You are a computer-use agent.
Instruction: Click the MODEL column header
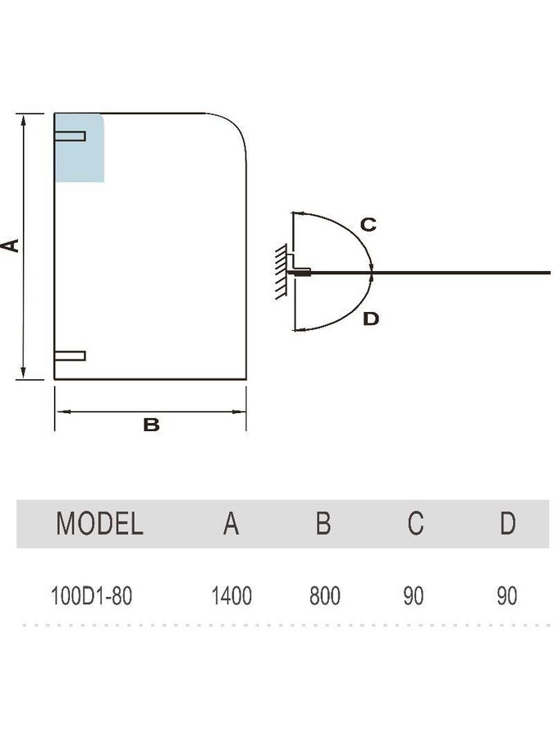99,523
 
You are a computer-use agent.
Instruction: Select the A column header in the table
231,523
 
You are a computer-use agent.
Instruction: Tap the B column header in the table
323,523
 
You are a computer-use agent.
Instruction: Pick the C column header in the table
415,523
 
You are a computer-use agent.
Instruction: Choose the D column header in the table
508,523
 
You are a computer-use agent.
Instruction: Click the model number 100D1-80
91,596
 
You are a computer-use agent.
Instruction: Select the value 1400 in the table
231,596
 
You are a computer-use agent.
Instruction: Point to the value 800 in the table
324,596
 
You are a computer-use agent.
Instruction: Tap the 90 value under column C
414,596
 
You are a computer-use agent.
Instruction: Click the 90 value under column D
507,596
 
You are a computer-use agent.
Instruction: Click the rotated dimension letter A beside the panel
10,246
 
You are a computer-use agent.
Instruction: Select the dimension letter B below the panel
151,425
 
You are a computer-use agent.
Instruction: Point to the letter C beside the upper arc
368,224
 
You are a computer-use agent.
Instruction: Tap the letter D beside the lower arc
371,319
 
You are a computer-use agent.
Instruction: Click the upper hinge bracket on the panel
70,135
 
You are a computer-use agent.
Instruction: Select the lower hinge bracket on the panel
70,356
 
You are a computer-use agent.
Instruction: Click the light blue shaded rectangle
79,148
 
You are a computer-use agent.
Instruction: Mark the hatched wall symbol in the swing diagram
282,272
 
